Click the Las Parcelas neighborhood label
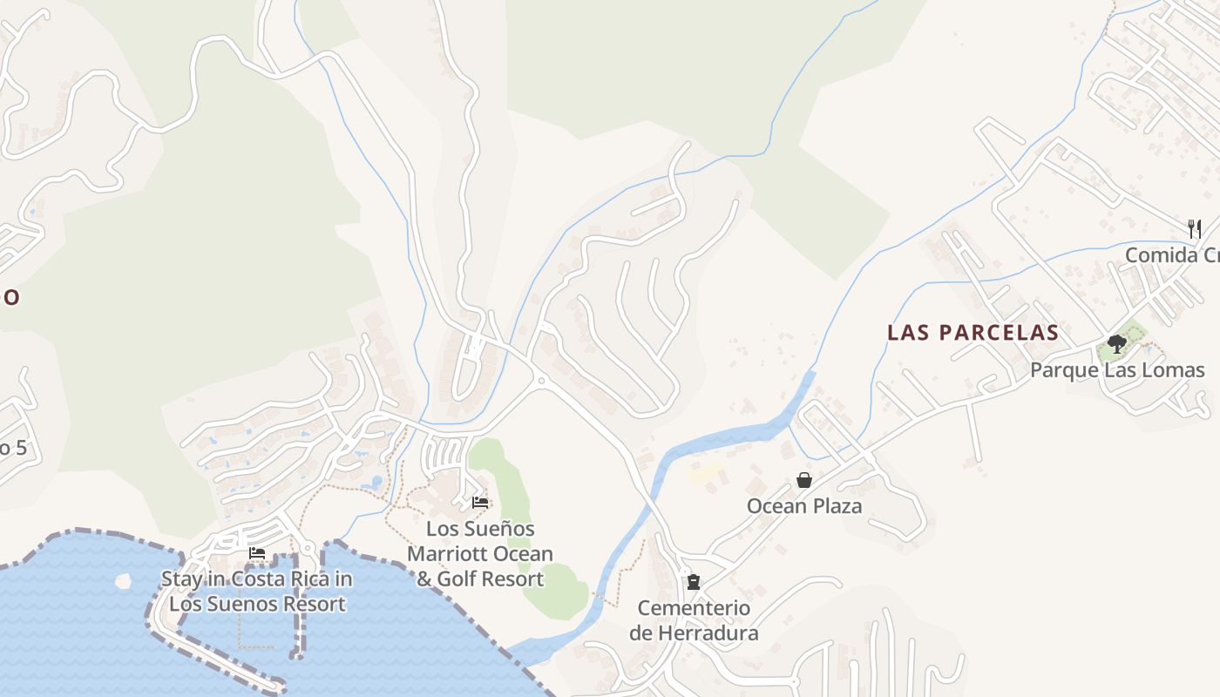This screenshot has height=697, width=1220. point(973,332)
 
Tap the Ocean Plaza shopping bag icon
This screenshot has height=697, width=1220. point(803,480)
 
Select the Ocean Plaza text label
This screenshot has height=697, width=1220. point(803,506)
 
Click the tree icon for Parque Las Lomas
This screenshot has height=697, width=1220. point(1116,343)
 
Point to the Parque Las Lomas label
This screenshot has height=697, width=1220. point(1116,370)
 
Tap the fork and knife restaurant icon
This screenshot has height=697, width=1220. point(1195,229)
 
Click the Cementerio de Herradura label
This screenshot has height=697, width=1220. point(694,620)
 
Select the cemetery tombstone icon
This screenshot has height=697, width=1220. point(694,581)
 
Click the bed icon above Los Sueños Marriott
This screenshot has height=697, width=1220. point(480,502)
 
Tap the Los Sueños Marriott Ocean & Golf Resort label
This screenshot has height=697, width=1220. point(480,553)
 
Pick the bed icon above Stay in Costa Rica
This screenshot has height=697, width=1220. point(257,552)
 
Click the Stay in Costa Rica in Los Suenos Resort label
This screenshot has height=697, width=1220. point(257,592)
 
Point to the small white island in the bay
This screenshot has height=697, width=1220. point(123,580)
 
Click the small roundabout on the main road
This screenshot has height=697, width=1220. point(540,381)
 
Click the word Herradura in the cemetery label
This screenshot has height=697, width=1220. point(694,633)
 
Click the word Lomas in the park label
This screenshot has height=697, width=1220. point(1174,370)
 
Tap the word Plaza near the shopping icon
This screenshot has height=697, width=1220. point(831,506)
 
